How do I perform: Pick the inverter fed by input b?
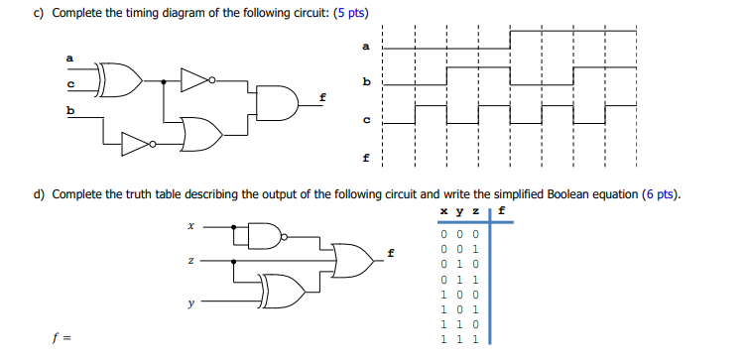pos(135,145)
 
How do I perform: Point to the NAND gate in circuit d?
pos(264,237)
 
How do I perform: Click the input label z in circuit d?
pos(190,262)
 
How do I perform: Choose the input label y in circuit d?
pos(190,305)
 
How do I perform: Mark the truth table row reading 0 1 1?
pos(457,281)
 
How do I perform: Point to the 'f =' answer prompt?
pos(62,337)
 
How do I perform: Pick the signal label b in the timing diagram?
pos(366,79)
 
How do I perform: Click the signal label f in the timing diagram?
pos(366,158)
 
